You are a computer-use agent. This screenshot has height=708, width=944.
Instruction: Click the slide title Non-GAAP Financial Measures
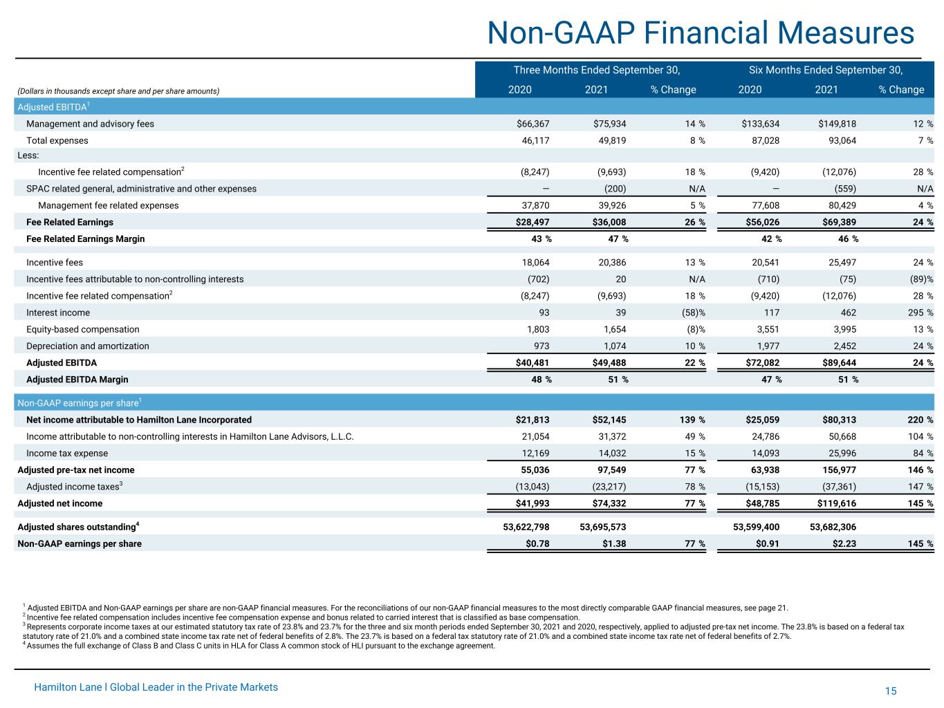(x=700, y=32)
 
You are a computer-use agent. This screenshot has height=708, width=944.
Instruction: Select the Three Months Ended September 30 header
(x=597, y=70)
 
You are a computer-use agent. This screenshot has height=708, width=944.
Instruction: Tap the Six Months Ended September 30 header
(x=826, y=70)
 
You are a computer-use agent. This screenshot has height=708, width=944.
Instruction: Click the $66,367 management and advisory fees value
(x=533, y=124)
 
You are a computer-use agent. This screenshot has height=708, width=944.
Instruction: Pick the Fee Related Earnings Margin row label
(x=85, y=239)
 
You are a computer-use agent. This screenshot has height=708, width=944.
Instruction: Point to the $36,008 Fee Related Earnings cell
(x=609, y=222)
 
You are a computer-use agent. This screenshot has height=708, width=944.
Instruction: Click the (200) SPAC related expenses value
(x=615, y=189)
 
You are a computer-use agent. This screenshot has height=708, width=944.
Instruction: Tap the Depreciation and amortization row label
(x=88, y=346)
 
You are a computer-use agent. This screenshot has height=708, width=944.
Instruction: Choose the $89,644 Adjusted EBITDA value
(x=839, y=362)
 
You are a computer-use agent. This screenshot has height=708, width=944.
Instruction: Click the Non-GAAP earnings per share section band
(x=474, y=402)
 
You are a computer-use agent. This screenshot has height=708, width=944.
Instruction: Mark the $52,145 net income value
(x=609, y=420)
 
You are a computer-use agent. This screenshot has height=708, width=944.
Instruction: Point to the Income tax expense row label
(x=67, y=453)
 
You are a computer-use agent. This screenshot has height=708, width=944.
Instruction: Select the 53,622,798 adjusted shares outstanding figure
(x=526, y=527)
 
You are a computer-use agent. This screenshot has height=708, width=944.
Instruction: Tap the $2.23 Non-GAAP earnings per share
(x=844, y=543)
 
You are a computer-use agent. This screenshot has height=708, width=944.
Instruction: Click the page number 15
(x=891, y=691)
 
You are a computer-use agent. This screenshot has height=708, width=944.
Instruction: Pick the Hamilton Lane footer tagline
(x=156, y=687)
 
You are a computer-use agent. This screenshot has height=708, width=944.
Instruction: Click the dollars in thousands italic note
(x=118, y=91)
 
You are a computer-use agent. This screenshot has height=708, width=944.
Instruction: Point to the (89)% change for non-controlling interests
(x=921, y=279)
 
